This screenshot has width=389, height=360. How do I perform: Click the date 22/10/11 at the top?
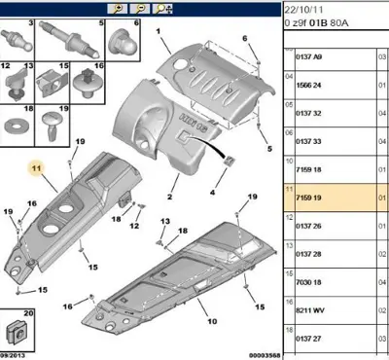302,7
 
